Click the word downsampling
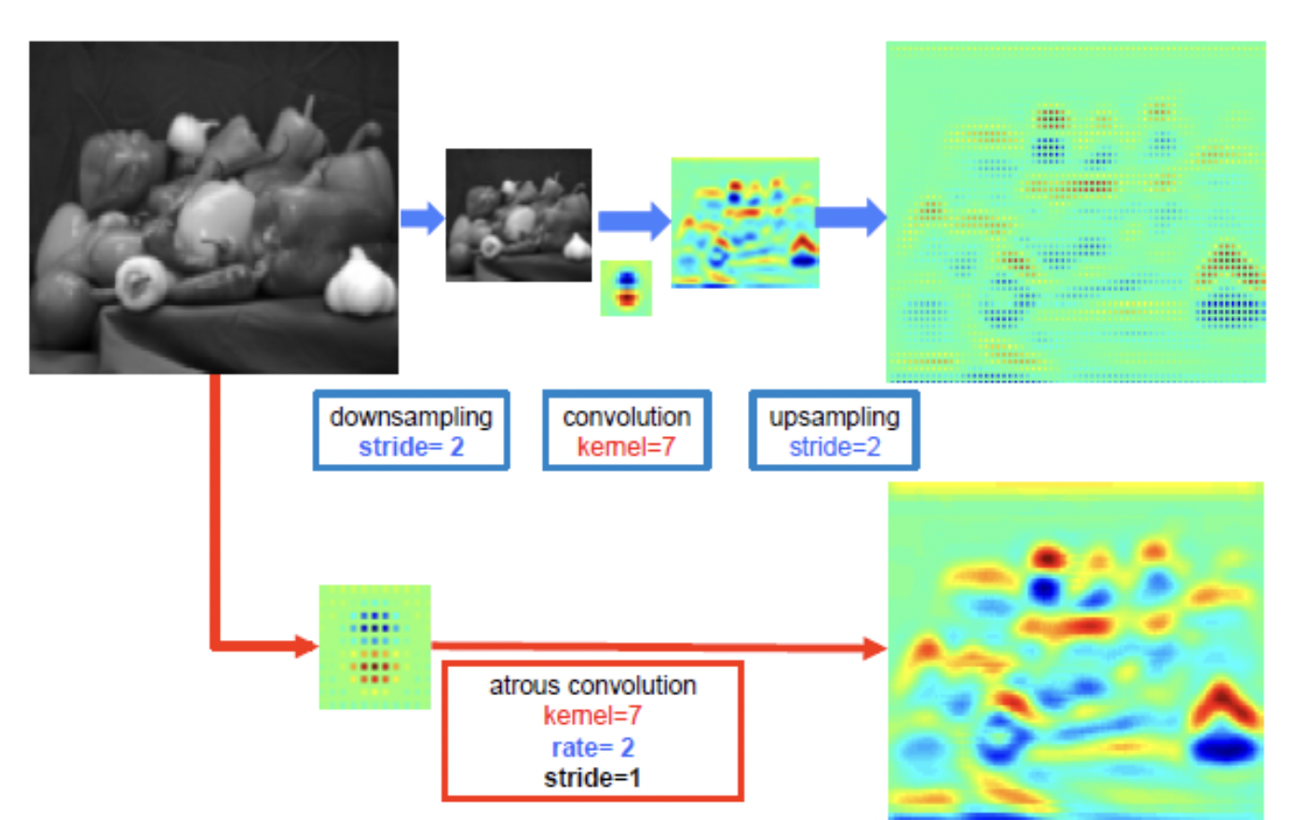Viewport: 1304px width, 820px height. tap(411, 417)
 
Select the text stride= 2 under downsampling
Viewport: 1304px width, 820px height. tap(411, 447)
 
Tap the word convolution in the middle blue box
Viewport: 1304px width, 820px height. tap(626, 417)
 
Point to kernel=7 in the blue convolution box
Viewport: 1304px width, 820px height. tap(626, 447)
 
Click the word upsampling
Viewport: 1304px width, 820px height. tap(835, 417)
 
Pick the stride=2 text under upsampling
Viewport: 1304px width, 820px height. tap(835, 447)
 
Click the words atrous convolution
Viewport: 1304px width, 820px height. tap(592, 686)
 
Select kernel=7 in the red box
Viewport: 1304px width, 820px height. tap(592, 716)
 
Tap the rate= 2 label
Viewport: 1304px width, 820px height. tap(592, 747)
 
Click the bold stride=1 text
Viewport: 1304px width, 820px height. tap(592, 778)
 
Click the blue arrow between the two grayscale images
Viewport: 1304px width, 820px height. tap(422, 218)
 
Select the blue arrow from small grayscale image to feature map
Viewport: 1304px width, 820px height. tap(633, 221)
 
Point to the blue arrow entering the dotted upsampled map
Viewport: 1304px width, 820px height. tap(851, 217)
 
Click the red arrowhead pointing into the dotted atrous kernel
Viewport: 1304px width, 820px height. tap(306, 646)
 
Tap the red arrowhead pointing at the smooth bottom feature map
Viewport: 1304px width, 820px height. tap(875, 648)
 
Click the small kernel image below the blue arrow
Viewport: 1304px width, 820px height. tap(626, 288)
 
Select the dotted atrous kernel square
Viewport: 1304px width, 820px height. tap(374, 647)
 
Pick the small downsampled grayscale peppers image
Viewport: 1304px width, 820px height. tap(519, 214)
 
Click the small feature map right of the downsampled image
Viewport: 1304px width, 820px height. tap(745, 222)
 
